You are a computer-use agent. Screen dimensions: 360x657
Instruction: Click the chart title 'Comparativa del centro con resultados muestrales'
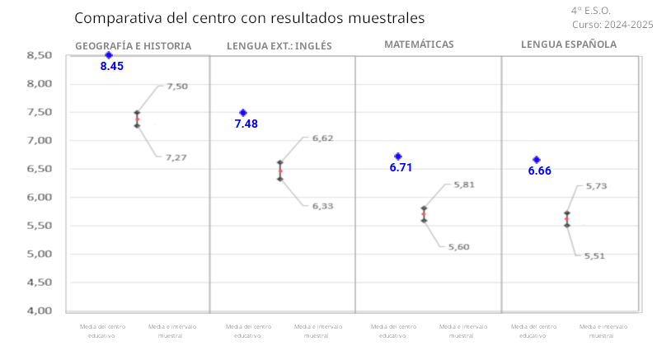click(x=249, y=17)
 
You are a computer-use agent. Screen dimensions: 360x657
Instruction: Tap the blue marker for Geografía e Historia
click(x=108, y=55)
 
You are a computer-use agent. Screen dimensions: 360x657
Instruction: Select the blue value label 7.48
click(x=246, y=124)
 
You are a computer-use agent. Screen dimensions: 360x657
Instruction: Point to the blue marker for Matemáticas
click(x=398, y=157)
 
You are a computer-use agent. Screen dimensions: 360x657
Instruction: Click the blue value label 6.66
click(x=539, y=171)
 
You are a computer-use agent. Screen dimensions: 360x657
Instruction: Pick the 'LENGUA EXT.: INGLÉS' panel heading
click(x=279, y=45)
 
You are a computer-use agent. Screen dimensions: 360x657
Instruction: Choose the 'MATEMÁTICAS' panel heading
click(x=419, y=44)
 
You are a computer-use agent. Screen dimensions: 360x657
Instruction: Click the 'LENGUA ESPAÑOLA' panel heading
click(x=569, y=44)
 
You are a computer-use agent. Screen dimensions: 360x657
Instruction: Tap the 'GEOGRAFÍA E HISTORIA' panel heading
click(x=133, y=45)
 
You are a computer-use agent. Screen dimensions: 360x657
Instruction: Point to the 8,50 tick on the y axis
click(x=40, y=55)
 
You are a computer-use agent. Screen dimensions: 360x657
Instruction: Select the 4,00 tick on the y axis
click(x=40, y=311)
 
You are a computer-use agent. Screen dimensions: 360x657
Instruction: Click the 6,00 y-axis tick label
click(x=40, y=197)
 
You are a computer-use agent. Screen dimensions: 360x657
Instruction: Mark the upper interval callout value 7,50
click(x=177, y=86)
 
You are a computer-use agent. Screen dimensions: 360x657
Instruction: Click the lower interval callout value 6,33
click(x=322, y=206)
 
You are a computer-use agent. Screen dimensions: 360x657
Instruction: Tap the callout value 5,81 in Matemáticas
click(x=464, y=185)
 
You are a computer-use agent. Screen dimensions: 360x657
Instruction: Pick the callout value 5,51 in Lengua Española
click(x=594, y=256)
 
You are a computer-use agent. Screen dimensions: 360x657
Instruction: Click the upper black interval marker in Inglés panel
click(x=280, y=163)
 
